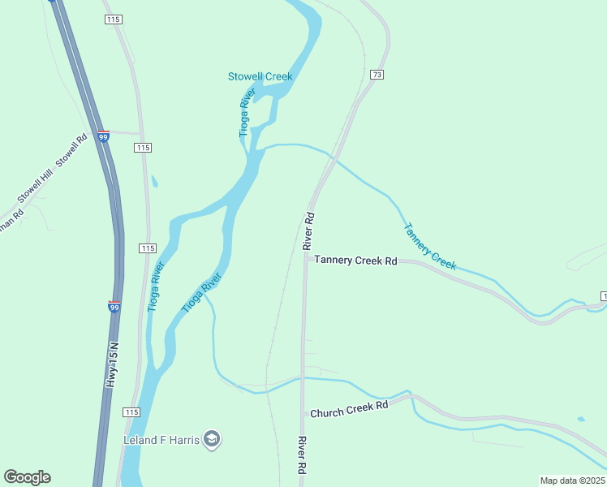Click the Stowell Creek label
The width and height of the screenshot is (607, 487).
tap(259, 76)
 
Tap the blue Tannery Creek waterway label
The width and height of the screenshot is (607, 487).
tap(431, 246)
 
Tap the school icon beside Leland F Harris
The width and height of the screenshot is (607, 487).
tap(212, 440)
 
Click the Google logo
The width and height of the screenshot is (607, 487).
tap(27, 477)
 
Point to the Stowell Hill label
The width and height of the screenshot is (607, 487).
tap(33, 189)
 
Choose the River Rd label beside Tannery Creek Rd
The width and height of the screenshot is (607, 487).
tap(308, 231)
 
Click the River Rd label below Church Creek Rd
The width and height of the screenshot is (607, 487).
tap(301, 455)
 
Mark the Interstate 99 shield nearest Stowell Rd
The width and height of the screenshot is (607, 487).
tap(103, 137)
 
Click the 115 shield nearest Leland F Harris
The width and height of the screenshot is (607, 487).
tap(131, 412)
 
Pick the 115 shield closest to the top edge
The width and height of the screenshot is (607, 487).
tap(113, 19)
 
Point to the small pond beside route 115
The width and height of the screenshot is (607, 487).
tap(154, 182)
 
